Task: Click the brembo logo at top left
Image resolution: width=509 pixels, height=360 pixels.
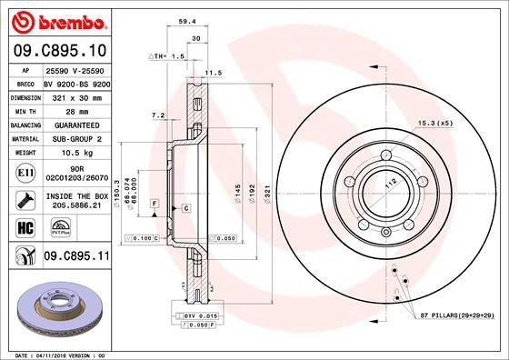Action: coord(56,19)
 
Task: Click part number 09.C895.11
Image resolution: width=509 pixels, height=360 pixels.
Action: coord(77,257)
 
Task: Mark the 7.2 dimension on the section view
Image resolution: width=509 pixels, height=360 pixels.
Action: coord(155,115)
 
